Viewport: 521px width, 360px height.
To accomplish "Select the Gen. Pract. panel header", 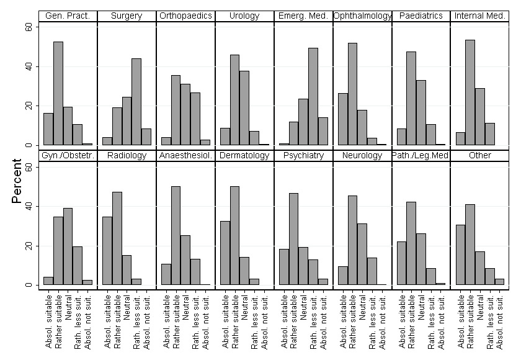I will click(x=68, y=16).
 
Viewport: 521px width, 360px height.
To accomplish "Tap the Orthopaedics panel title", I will click(x=185, y=16).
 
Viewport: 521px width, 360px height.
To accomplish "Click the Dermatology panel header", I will click(x=244, y=155).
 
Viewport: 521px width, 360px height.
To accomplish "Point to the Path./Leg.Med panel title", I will click(x=421, y=155).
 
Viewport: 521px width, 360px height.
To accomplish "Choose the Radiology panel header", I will click(x=127, y=155).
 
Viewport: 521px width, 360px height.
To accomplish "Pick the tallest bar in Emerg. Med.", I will click(x=313, y=96).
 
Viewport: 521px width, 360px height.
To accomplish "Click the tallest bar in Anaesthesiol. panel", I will click(x=176, y=236).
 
